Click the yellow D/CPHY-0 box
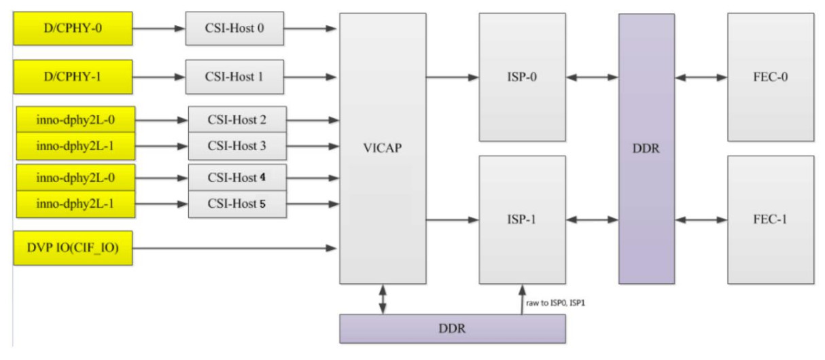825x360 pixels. pyautogui.click(x=73, y=29)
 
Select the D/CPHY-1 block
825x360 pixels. pyautogui.click(x=73, y=77)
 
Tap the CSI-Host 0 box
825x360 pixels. pyautogui.click(x=234, y=29)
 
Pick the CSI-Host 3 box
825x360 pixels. pyautogui.click(x=237, y=146)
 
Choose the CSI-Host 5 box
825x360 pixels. pyautogui.click(x=237, y=204)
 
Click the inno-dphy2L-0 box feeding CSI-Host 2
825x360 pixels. pyautogui.click(x=75, y=120)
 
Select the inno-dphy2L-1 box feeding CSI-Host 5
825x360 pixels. pyautogui.click(x=75, y=204)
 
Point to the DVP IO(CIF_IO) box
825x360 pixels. pyautogui.click(x=73, y=248)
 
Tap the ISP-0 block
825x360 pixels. pyautogui.click(x=522, y=77)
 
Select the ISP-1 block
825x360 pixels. pyautogui.click(x=522, y=219)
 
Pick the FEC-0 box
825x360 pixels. pyautogui.click(x=770, y=77)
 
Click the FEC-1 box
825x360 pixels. pyautogui.click(x=770, y=219)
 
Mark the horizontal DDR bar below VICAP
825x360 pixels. pyautogui.click(x=452, y=329)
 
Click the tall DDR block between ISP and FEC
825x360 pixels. pyautogui.click(x=646, y=148)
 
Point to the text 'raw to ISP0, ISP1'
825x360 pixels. pyautogui.click(x=556, y=302)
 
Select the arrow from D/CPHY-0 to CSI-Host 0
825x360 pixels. pyautogui.click(x=159, y=29)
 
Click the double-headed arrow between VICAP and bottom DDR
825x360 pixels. pyautogui.click(x=383, y=299)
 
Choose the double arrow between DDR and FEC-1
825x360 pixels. pyautogui.click(x=701, y=219)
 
